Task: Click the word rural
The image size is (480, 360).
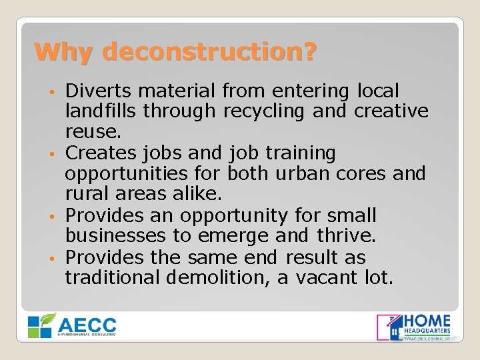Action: pyautogui.click(x=83, y=194)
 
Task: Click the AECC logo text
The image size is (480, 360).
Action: pyautogui.click(x=87, y=325)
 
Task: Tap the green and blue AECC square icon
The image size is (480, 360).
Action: pyautogui.click(x=40, y=325)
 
